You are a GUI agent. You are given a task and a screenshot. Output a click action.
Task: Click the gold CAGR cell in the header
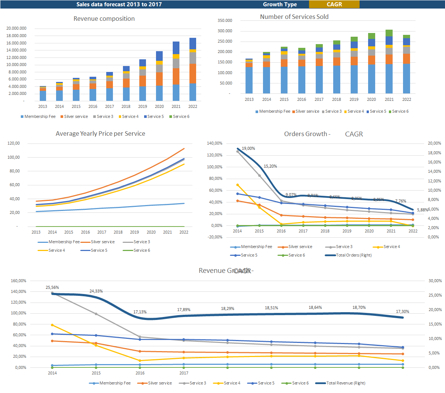pyautogui.click(x=334, y=4)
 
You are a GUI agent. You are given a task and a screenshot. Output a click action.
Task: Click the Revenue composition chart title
pyautogui.click(x=104, y=19)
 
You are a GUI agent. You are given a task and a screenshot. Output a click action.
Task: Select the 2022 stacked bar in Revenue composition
pyautogui.click(x=193, y=70)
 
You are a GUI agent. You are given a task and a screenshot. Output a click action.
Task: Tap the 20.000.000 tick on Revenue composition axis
pyautogui.click(x=16, y=28)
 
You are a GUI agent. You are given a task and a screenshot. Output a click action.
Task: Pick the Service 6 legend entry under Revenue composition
pyautogui.click(x=181, y=116)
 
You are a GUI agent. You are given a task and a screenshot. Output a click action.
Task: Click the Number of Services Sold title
pyautogui.click(x=294, y=17)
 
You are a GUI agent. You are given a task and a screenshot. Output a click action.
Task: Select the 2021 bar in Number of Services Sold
pyautogui.click(x=389, y=62)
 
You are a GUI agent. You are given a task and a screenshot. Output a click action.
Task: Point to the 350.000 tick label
pyautogui.click(x=225, y=20)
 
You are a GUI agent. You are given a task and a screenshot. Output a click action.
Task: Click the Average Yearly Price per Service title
pyautogui.click(x=100, y=133)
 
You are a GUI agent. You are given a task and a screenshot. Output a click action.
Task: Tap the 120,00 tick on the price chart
pyautogui.click(x=14, y=143)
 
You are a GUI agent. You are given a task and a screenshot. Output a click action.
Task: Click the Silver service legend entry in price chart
pyautogui.click(x=103, y=242)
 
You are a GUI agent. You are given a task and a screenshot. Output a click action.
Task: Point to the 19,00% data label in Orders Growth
pyautogui.click(x=249, y=148)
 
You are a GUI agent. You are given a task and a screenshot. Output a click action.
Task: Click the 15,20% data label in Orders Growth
pyautogui.click(x=270, y=166)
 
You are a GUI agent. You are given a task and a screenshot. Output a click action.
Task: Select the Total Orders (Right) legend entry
pyautogui.click(x=353, y=255)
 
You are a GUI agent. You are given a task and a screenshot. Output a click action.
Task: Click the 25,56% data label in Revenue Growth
pyautogui.click(x=52, y=287)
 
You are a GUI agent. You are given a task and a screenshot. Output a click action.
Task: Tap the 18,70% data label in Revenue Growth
pyautogui.click(x=359, y=307)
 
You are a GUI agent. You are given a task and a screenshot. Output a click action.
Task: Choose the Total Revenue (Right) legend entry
pyautogui.click(x=345, y=383)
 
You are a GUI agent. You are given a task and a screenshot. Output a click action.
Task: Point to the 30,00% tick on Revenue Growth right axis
pyautogui.click(x=435, y=281)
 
